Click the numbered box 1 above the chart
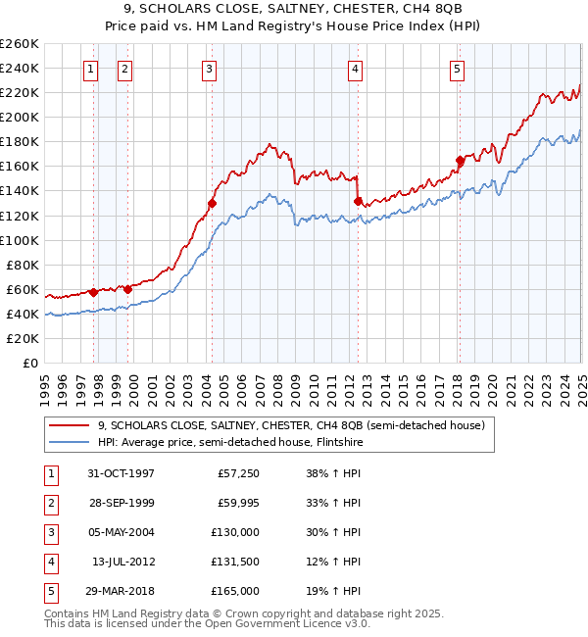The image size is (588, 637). coord(90,69)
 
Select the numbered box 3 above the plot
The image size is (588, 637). coord(210,69)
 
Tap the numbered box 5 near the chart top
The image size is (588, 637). coord(458,69)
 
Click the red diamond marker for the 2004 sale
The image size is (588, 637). coord(212,203)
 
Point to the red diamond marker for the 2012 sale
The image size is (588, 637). coord(358,201)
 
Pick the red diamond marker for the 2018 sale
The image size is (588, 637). coord(460,160)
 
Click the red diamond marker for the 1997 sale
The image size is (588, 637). coord(93,292)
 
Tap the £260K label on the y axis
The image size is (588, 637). coord(19,44)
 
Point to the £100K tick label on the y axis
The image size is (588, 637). coord(19,240)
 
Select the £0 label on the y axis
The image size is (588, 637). coord(29,363)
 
